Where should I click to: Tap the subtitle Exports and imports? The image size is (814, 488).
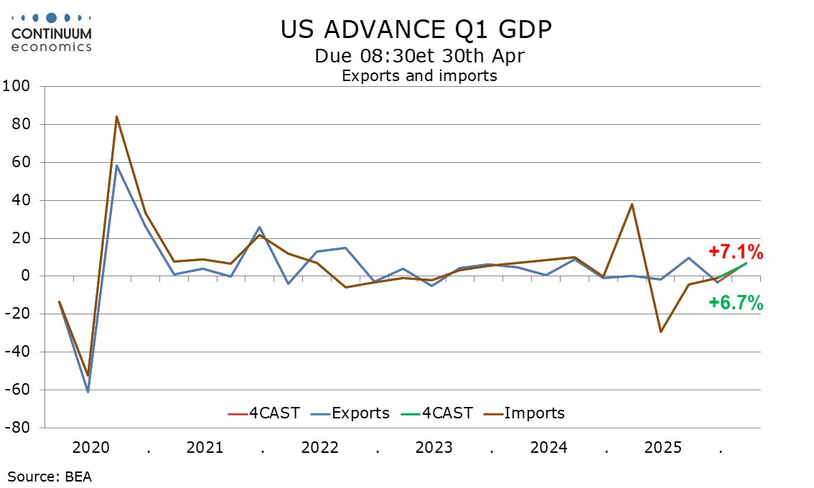click(x=419, y=75)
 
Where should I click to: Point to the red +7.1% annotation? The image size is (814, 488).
click(x=736, y=252)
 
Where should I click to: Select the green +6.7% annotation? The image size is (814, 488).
click(x=736, y=304)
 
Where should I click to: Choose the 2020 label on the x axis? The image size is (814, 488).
click(x=90, y=448)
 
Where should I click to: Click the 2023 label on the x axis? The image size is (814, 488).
click(x=434, y=448)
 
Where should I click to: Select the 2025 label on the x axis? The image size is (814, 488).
click(x=663, y=448)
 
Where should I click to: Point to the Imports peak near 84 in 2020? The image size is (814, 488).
click(x=116, y=116)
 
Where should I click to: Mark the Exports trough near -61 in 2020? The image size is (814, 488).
click(x=88, y=392)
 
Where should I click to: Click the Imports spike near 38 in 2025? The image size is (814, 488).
click(x=632, y=204)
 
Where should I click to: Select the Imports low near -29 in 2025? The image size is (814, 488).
click(x=660, y=332)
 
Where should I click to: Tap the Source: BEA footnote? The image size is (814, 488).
click(x=50, y=476)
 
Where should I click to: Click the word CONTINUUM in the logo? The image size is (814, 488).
click(x=52, y=33)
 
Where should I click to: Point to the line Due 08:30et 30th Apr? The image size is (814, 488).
click(x=419, y=55)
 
